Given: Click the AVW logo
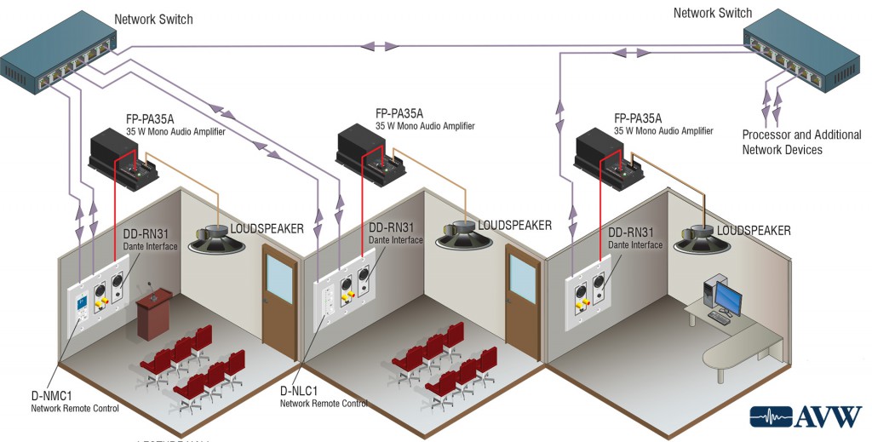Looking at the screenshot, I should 805,416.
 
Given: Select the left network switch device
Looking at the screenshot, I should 58,60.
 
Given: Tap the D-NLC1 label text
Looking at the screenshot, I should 299,391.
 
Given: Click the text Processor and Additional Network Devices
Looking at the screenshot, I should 800,142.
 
